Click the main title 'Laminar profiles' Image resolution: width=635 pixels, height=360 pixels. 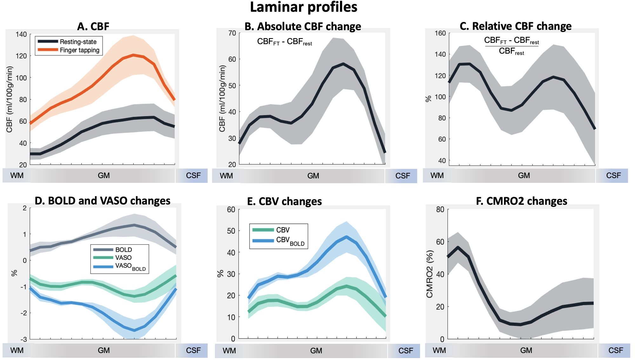(x=304, y=7)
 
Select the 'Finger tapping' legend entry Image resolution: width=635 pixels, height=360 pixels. (x=79, y=50)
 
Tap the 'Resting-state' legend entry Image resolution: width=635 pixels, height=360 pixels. (x=78, y=42)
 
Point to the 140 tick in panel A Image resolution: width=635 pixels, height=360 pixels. (x=21, y=34)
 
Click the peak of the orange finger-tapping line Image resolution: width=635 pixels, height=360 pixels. (x=134, y=55)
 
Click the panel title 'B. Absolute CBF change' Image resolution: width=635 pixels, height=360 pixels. (x=303, y=26)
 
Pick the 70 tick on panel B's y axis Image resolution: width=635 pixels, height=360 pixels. (x=232, y=33)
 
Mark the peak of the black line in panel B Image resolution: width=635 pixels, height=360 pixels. (x=343, y=64)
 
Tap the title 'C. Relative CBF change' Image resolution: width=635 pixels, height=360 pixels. (x=515, y=26)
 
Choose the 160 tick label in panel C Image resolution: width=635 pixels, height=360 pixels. (x=440, y=33)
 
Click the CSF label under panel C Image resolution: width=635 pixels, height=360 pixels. (x=613, y=176)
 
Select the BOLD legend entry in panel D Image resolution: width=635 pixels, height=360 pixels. (x=124, y=250)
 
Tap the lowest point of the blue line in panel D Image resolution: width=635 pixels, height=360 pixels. (x=134, y=330)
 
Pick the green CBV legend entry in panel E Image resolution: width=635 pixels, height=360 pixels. (x=283, y=230)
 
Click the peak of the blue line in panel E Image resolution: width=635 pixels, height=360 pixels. (x=346, y=237)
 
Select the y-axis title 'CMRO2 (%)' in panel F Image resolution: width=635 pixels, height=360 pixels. (x=430, y=274)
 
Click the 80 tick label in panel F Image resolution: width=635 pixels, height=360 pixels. (x=440, y=210)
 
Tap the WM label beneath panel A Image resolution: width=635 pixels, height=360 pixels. (x=17, y=176)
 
